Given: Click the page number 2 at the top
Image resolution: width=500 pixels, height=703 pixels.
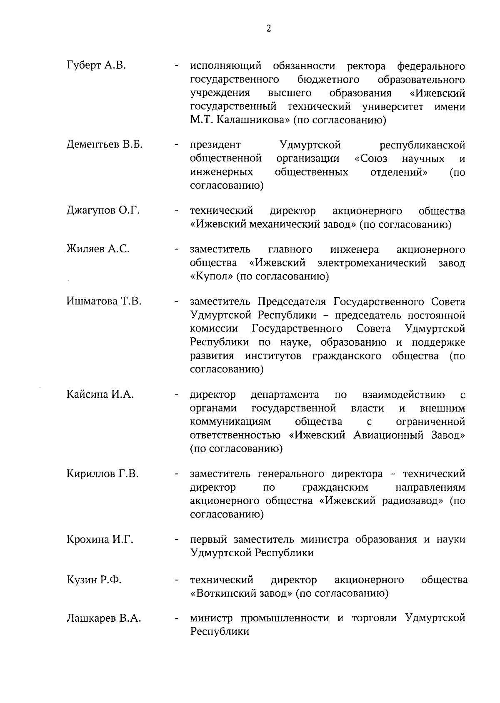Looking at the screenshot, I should (x=268, y=29).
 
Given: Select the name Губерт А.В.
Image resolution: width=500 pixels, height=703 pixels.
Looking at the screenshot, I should (x=96, y=65).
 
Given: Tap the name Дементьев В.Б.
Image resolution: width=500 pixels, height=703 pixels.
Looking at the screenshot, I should (x=105, y=145).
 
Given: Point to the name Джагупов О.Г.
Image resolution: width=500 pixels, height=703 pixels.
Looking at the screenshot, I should (x=103, y=211).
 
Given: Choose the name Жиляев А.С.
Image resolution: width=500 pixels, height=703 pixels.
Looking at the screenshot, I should (x=98, y=249).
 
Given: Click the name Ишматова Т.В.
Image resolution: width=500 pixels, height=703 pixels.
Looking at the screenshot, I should (x=104, y=301).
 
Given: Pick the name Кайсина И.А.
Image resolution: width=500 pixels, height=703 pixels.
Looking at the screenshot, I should (x=100, y=394).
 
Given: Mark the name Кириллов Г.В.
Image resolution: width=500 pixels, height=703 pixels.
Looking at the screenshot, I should (x=102, y=474).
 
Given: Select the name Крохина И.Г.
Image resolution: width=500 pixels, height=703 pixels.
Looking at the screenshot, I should (x=100, y=539).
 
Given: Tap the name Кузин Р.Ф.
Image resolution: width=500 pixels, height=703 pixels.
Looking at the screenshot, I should (x=94, y=580).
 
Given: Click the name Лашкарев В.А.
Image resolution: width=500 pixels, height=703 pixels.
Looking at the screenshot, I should (x=104, y=618).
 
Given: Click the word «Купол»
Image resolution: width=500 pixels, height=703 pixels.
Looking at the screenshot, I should (x=211, y=276).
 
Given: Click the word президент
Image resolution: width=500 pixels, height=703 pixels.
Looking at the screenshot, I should (x=215, y=145).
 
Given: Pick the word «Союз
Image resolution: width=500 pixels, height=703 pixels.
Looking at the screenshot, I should (x=371, y=159).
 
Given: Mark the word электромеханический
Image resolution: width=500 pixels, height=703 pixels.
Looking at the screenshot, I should (x=372, y=263).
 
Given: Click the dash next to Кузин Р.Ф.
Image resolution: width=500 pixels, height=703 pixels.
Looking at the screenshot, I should (x=177, y=580).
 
